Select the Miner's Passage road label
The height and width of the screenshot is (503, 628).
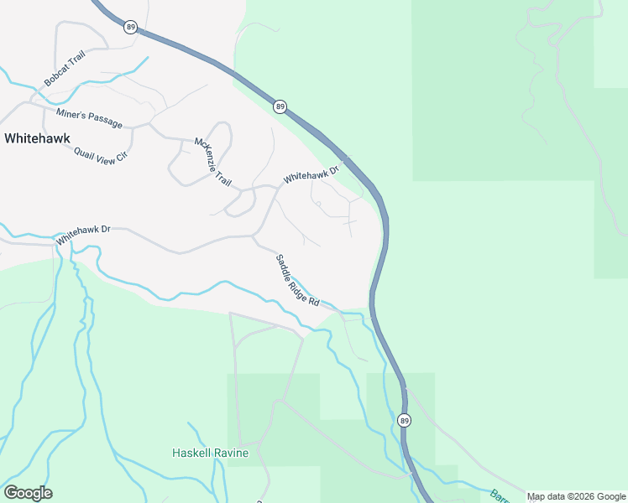(x=89, y=118)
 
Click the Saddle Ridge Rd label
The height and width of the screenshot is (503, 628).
(x=298, y=280)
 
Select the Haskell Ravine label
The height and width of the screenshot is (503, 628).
(x=210, y=454)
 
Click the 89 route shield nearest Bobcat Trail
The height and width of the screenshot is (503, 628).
(x=129, y=27)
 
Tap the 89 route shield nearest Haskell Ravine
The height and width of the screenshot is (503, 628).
(x=405, y=420)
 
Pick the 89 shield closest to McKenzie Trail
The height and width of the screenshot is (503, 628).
(x=280, y=106)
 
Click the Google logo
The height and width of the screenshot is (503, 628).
(x=28, y=493)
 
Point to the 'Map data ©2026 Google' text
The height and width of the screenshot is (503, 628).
(x=577, y=496)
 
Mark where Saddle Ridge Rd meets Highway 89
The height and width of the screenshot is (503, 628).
(x=370, y=311)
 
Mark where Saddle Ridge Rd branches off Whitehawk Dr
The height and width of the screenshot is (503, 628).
(x=254, y=236)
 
